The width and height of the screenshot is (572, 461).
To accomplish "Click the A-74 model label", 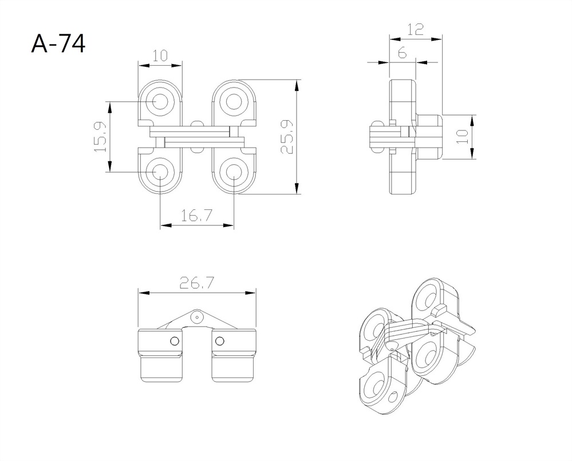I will click(x=58, y=43).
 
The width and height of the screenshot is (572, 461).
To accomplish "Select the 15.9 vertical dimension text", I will click(x=100, y=136).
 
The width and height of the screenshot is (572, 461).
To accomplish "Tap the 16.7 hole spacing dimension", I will click(x=197, y=216).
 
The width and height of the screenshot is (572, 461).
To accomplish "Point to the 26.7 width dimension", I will click(x=197, y=283).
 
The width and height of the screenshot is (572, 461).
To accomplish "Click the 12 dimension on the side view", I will click(x=416, y=29).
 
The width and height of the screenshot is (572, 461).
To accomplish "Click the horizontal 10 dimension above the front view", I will click(x=160, y=55).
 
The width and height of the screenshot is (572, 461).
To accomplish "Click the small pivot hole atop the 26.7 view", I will click(x=197, y=316).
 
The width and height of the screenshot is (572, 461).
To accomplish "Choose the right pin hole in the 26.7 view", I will click(x=219, y=341).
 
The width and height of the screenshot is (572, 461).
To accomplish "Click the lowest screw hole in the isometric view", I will click(x=376, y=392).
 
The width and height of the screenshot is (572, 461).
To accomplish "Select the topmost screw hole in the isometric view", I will click(x=427, y=298).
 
